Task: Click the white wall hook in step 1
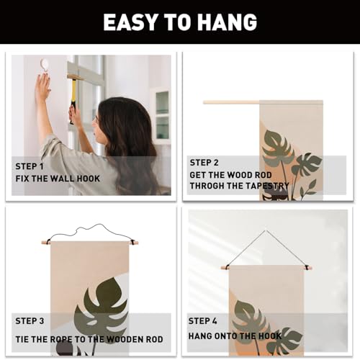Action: [45, 65]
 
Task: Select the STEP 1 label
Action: [30, 166]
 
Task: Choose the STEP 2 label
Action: [204, 163]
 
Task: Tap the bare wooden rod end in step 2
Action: [231, 102]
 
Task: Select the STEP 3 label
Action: [30, 321]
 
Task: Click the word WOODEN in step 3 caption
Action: [125, 339]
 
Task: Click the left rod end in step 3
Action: [45, 243]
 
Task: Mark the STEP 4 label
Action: [202, 321]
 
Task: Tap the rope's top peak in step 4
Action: [266, 230]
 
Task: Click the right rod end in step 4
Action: [310, 267]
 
